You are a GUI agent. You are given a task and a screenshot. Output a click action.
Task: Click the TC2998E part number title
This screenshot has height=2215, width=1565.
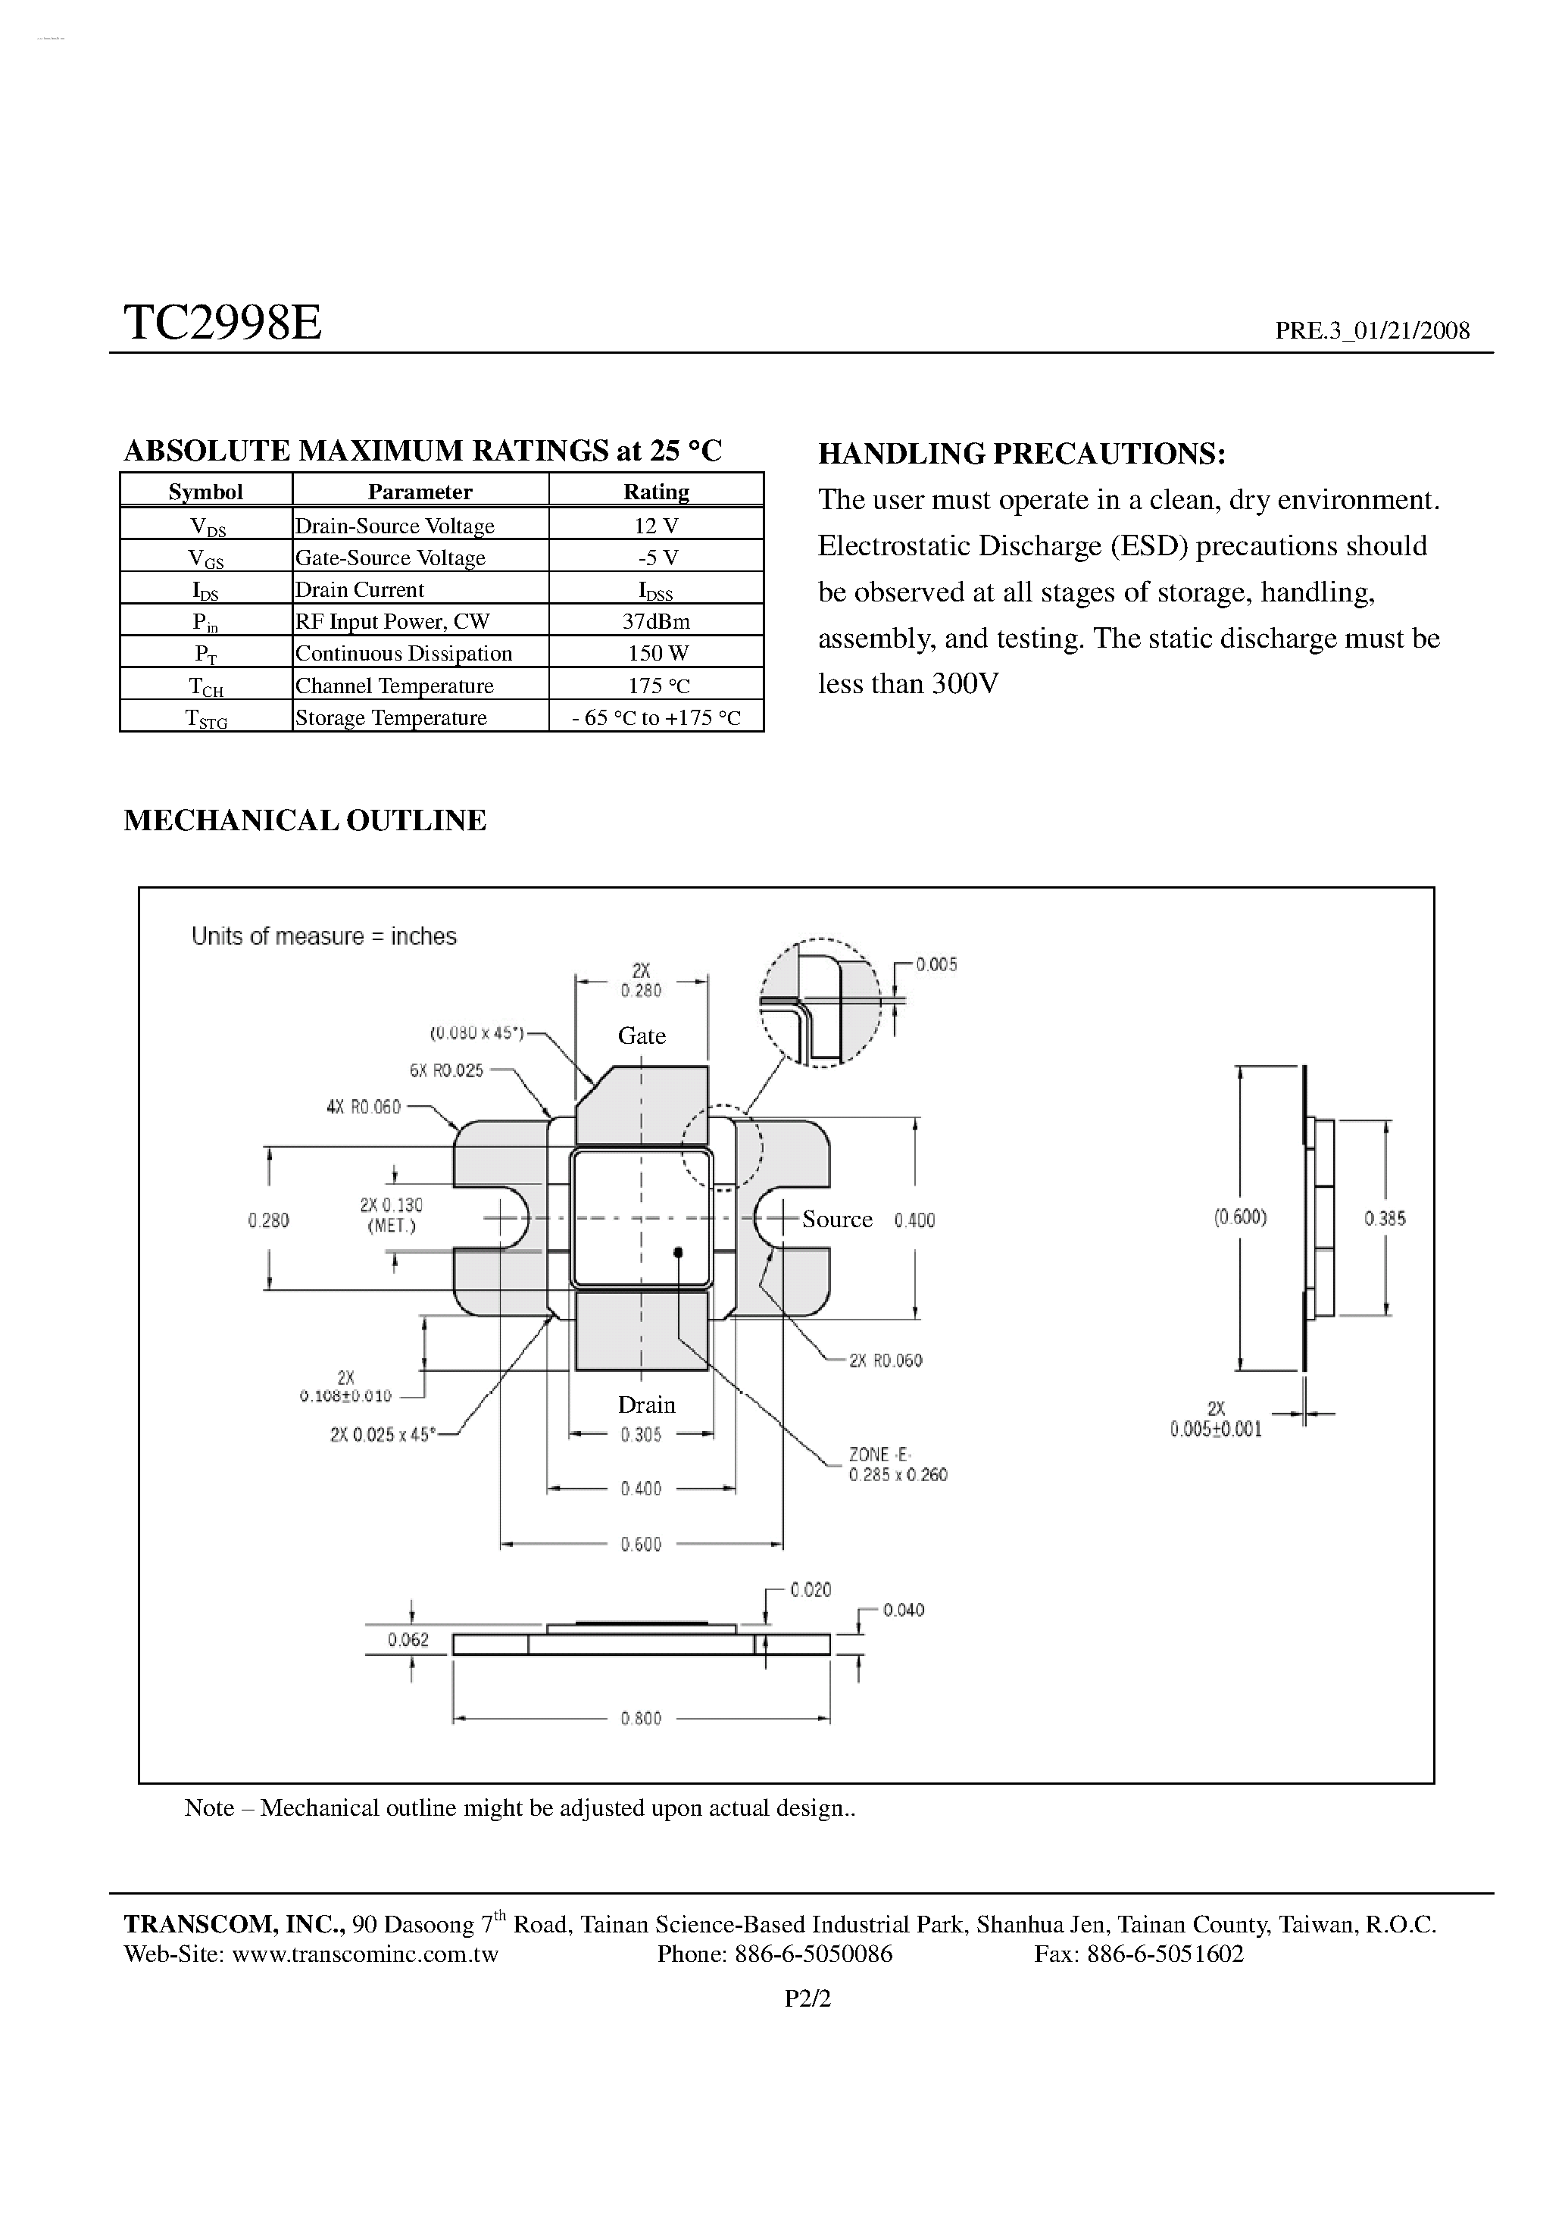[222, 323]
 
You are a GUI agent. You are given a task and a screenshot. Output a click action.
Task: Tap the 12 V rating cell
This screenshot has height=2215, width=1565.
[656, 526]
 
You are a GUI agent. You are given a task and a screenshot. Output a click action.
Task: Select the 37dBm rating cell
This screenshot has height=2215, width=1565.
[656, 621]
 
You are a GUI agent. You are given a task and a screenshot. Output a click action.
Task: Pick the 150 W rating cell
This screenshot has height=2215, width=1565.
[657, 653]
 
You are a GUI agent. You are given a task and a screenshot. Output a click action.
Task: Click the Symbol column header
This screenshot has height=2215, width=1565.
[205, 492]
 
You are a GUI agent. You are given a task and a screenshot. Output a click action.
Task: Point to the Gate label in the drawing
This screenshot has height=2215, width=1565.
[642, 1036]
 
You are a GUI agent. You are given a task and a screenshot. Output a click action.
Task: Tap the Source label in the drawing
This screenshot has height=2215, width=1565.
[836, 1220]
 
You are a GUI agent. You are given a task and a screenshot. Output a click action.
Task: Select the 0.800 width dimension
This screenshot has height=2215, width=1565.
[641, 1718]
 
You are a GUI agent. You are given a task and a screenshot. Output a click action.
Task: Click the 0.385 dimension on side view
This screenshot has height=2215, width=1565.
[1385, 1218]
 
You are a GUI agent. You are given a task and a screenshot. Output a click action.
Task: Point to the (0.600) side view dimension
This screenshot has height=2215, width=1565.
[1240, 1217]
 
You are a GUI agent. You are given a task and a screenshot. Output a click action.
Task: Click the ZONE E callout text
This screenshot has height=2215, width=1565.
[898, 1464]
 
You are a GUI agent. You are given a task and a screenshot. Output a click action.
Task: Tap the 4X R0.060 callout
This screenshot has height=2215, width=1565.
[363, 1107]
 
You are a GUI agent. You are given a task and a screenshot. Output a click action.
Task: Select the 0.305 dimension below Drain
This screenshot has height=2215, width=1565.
[641, 1435]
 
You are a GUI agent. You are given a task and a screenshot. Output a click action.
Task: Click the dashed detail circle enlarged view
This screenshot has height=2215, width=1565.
[820, 1002]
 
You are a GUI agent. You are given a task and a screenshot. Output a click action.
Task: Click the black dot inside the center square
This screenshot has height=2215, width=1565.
[678, 1252]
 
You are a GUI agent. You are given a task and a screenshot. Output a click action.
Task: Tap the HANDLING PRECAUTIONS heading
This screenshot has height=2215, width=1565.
[1022, 454]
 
